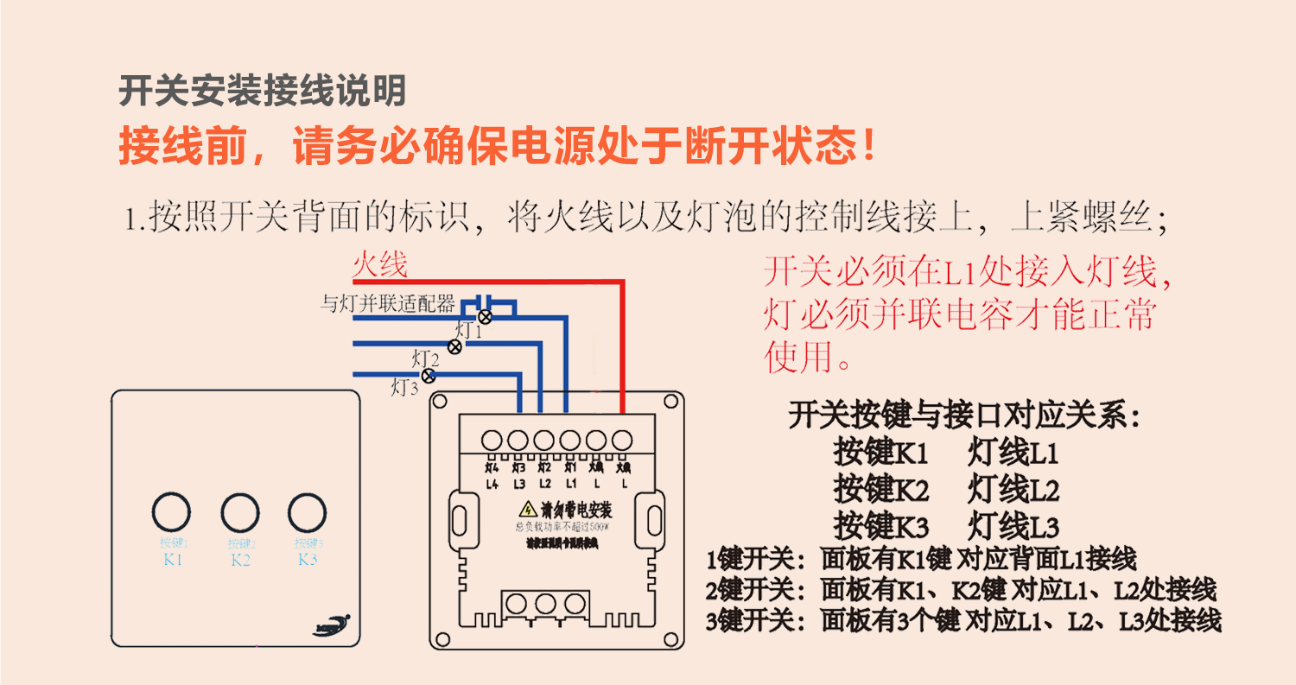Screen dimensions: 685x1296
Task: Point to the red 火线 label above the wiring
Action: (379, 265)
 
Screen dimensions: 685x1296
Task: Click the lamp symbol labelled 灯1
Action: (486, 316)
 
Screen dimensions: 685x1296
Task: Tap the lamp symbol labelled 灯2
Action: (455, 346)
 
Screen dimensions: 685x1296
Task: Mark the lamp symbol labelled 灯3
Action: (428, 376)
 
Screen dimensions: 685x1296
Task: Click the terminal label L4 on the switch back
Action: (492, 484)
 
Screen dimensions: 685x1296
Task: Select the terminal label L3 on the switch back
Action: (518, 484)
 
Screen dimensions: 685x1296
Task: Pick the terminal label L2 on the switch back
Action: (544, 484)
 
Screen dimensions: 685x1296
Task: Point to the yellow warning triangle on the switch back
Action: (525, 510)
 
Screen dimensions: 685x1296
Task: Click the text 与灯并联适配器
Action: (387, 303)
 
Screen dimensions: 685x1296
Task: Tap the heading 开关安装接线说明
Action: (262, 90)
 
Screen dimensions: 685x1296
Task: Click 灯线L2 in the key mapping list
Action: (1013, 491)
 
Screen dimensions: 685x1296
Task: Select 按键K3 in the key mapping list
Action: (880, 526)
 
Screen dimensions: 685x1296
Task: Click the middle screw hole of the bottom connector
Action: (546, 602)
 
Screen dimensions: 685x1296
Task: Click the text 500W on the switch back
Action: (599, 527)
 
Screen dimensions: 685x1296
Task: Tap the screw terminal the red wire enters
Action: (621, 441)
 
